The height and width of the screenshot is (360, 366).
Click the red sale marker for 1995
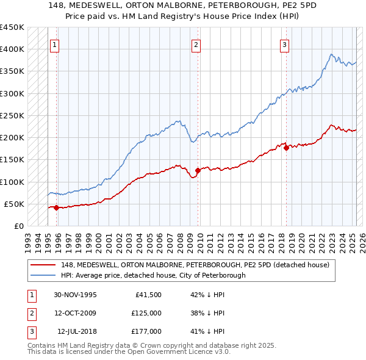click(x=56, y=207)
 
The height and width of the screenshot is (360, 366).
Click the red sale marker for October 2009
click(x=198, y=171)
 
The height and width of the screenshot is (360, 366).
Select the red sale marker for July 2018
click(x=286, y=148)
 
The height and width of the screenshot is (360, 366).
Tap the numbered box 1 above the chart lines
click(x=55, y=44)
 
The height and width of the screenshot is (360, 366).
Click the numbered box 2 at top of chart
click(x=196, y=44)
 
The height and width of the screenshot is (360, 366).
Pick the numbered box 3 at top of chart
click(x=285, y=44)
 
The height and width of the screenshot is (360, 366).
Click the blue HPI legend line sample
click(x=43, y=275)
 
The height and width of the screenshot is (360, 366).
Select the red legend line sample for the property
click(x=43, y=265)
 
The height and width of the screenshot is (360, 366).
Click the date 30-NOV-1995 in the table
click(x=75, y=295)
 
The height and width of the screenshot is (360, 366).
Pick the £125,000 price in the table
click(x=146, y=313)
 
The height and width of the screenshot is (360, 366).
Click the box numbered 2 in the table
click(x=31, y=313)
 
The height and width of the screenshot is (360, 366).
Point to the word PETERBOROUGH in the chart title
click(x=226, y=4)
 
